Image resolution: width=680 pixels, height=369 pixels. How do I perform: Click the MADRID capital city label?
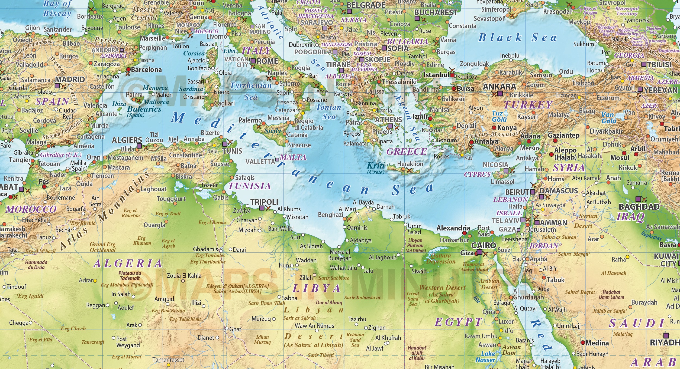70,80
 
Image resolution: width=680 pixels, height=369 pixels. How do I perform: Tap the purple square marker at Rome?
253,61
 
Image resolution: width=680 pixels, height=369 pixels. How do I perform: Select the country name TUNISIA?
250,186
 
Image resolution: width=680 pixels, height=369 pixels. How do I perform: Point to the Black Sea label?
517,38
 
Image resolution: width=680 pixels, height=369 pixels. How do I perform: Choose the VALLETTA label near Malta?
260,162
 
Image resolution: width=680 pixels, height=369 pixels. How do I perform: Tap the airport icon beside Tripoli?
268,208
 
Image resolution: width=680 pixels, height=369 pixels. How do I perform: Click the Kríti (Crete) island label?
376,168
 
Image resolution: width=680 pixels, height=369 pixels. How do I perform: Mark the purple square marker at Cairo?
479,252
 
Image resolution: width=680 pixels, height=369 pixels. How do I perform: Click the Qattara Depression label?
441,259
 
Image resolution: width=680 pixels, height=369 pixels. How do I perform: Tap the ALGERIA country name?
128,263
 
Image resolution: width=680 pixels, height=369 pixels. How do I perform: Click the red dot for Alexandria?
465,233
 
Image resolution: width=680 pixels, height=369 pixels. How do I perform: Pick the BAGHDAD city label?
639,207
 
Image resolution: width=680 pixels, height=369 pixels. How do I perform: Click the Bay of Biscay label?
57,9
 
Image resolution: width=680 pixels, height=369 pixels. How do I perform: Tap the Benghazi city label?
330,215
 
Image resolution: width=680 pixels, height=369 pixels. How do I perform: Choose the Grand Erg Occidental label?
103,247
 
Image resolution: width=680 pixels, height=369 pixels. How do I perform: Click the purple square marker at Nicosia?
506,171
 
